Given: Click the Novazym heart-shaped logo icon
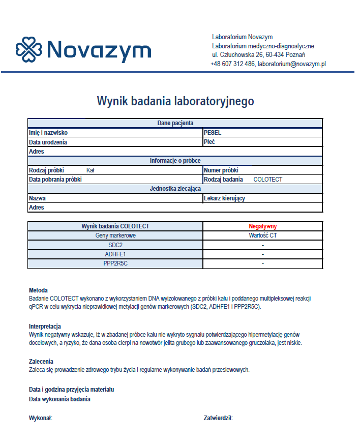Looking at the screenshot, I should (x=29, y=49).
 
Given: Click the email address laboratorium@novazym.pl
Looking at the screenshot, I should (x=291, y=64).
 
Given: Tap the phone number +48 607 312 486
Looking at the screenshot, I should (x=232, y=64).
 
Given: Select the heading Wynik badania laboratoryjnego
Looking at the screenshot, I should (x=175, y=101).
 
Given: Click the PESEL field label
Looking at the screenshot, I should (x=213, y=133).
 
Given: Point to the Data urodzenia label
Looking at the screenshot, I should (x=48, y=142).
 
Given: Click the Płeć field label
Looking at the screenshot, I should (x=209, y=142).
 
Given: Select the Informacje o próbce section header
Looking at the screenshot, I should (x=175, y=161).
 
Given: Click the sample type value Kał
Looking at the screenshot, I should (x=90, y=170).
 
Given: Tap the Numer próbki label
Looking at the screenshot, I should (x=221, y=170).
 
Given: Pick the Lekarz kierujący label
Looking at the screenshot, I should (x=224, y=198).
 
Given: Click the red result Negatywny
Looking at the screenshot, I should (x=262, y=226).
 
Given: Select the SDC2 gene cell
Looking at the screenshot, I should (x=115, y=245).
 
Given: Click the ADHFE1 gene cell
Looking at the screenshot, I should (x=115, y=254).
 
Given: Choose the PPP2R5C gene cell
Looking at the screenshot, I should (x=115, y=263).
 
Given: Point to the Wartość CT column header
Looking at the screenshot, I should (x=262, y=235).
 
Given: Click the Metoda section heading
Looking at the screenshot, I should (x=39, y=290).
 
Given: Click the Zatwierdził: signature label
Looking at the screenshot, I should (x=218, y=418).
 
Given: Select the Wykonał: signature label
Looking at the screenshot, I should (x=41, y=418).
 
